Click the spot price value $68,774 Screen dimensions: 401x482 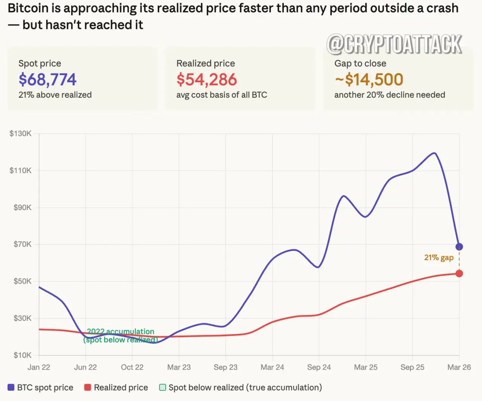tap(47, 80)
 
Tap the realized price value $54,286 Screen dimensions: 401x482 tap(207, 80)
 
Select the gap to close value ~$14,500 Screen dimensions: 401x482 tap(369, 80)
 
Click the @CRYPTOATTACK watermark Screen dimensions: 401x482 tap(394, 44)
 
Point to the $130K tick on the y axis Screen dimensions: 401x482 tap(21, 134)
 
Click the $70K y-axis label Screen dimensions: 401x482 tap(23, 244)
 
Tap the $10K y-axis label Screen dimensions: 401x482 tap(23, 355)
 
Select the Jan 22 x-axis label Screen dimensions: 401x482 tap(39, 367)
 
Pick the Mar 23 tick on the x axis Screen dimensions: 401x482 tap(179, 367)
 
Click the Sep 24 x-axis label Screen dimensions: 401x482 tap(319, 367)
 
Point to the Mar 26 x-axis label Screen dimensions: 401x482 tap(459, 367)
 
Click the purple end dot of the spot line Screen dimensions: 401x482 tap(459, 247)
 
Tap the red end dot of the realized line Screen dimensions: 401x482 tap(459, 273)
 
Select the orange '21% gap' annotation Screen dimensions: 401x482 tap(439, 258)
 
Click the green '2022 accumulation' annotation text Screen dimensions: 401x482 tap(120, 332)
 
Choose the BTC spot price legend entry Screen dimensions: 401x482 tap(41, 387)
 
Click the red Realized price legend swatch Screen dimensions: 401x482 tap(88, 387)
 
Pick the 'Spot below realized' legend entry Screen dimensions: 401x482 tap(241, 387)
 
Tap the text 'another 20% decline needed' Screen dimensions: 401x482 tap(390, 95)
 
